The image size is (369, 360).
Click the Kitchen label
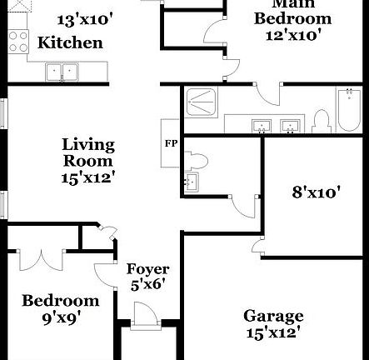click(71, 42)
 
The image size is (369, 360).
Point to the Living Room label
click(87, 152)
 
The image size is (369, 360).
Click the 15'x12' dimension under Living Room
click(87, 177)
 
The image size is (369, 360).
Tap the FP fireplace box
click(171, 143)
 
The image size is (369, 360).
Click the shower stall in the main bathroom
click(200, 102)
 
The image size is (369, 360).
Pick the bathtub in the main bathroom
click(347, 108)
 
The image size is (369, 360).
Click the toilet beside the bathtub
click(321, 122)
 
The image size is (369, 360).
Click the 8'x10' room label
click(316, 193)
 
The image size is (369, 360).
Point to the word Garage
click(273, 316)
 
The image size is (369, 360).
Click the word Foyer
click(147, 269)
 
